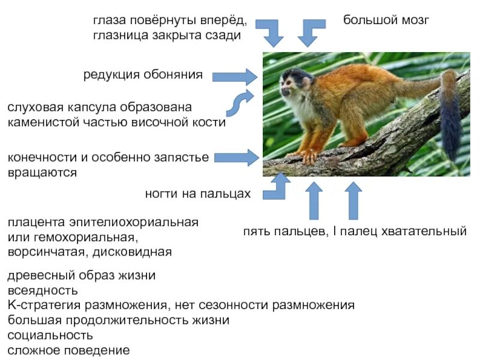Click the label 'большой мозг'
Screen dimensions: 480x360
(386, 20)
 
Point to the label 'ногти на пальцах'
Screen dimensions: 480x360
(197, 194)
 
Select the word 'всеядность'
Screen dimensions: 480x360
(43, 290)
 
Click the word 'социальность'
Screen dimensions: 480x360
(50, 334)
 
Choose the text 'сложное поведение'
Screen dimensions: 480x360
(68, 349)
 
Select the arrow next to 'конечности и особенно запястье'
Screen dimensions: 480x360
(236, 158)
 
